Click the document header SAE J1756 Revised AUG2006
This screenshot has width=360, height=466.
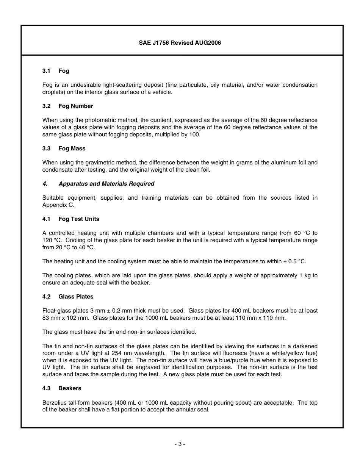click(x=180, y=43)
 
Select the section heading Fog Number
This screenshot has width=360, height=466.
click(x=75, y=106)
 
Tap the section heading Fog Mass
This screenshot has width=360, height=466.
click(x=72, y=149)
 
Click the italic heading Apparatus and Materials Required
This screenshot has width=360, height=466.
click(x=106, y=184)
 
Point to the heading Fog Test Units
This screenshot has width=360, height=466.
click(x=79, y=219)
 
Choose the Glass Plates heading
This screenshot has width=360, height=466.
click(x=76, y=297)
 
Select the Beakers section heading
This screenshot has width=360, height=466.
click(x=70, y=388)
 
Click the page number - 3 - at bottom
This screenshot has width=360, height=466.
click(x=180, y=444)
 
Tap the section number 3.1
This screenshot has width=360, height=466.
click(x=46, y=71)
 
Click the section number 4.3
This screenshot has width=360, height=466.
click(x=46, y=388)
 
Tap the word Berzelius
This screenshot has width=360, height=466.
click(x=55, y=403)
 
